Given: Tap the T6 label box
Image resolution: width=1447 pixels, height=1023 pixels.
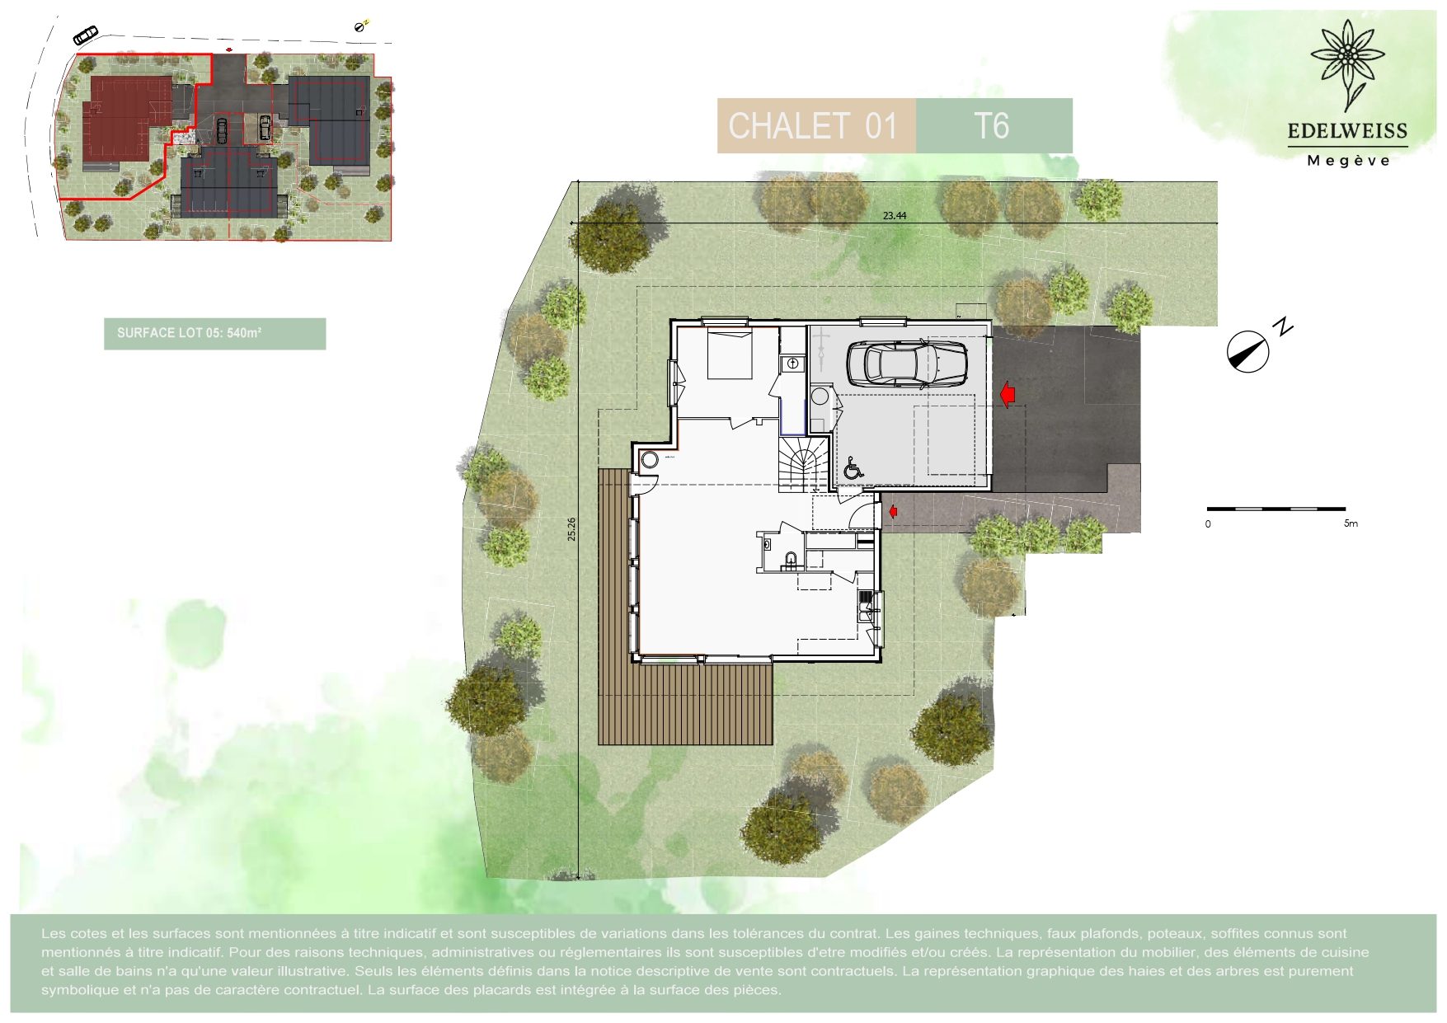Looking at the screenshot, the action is point(994,126).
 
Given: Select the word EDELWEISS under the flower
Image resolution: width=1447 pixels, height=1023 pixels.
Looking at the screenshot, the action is point(1347,131).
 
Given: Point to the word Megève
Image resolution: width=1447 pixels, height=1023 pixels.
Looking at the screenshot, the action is point(1348,161).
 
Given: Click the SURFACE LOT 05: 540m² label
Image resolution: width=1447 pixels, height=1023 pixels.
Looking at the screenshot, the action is point(189,333).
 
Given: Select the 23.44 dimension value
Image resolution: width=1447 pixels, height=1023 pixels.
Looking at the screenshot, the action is point(895,216).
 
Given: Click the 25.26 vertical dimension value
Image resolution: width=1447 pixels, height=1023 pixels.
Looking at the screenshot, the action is point(571,529).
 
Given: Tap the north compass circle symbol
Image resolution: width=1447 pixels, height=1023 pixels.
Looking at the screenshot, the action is point(1247,352).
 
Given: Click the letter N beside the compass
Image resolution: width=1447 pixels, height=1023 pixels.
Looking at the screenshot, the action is point(1283,326).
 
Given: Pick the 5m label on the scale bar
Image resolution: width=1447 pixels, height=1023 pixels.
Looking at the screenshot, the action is point(1351,523).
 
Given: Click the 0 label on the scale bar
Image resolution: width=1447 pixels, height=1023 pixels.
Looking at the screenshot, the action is point(1208,523).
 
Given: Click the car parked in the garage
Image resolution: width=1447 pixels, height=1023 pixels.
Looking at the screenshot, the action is point(907,363).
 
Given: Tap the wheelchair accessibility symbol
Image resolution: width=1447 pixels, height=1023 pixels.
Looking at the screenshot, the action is point(853,468).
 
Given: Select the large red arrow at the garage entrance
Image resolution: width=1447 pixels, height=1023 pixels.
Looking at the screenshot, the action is point(1007,394).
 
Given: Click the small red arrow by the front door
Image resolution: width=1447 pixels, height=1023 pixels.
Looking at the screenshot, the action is point(892,513).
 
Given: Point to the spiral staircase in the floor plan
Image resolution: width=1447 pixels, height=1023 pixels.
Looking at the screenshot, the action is point(803,464).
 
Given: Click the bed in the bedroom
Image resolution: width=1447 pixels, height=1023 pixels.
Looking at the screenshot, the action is point(730,354).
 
